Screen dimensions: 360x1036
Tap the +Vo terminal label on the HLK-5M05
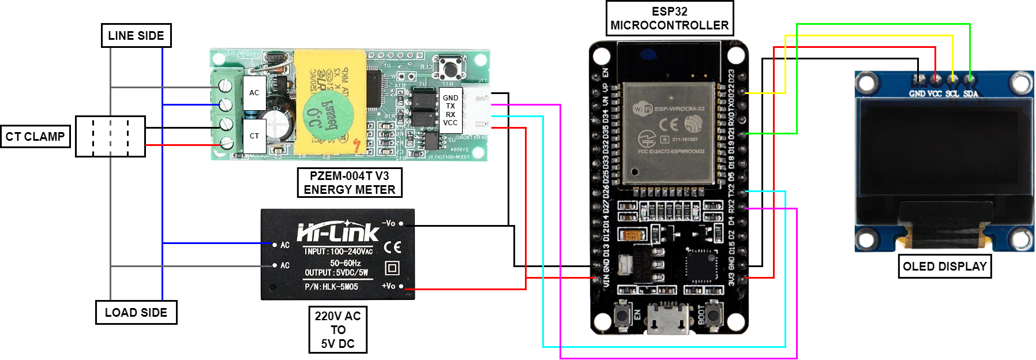click(x=389, y=286)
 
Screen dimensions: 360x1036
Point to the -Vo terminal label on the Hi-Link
click(x=389, y=223)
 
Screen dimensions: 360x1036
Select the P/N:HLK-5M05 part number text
click(x=331, y=287)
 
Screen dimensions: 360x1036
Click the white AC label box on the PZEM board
click(x=254, y=92)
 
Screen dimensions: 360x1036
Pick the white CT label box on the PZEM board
click(x=254, y=136)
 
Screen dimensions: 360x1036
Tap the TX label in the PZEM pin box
click(x=451, y=106)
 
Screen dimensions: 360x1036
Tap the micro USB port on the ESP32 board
click(x=669, y=319)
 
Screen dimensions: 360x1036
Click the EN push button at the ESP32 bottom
click(x=623, y=315)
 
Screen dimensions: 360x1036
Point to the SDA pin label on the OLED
click(x=971, y=93)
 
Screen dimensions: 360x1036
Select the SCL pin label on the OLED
click(x=952, y=93)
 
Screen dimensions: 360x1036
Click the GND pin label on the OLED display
click(x=917, y=93)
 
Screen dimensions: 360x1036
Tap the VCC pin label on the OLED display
click(x=935, y=93)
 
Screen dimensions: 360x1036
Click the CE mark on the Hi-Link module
click(x=393, y=247)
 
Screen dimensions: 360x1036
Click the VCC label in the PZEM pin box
click(x=451, y=123)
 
